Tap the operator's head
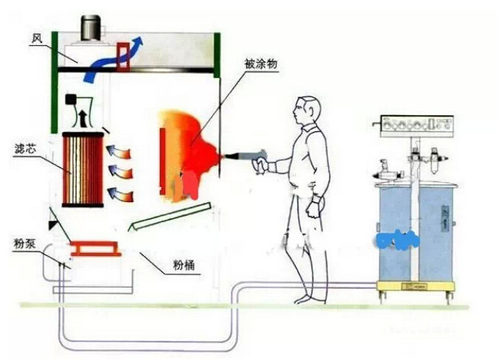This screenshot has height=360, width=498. (x=305, y=111)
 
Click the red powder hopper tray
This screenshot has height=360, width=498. (x=95, y=250)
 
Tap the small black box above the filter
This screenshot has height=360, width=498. (x=72, y=98)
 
